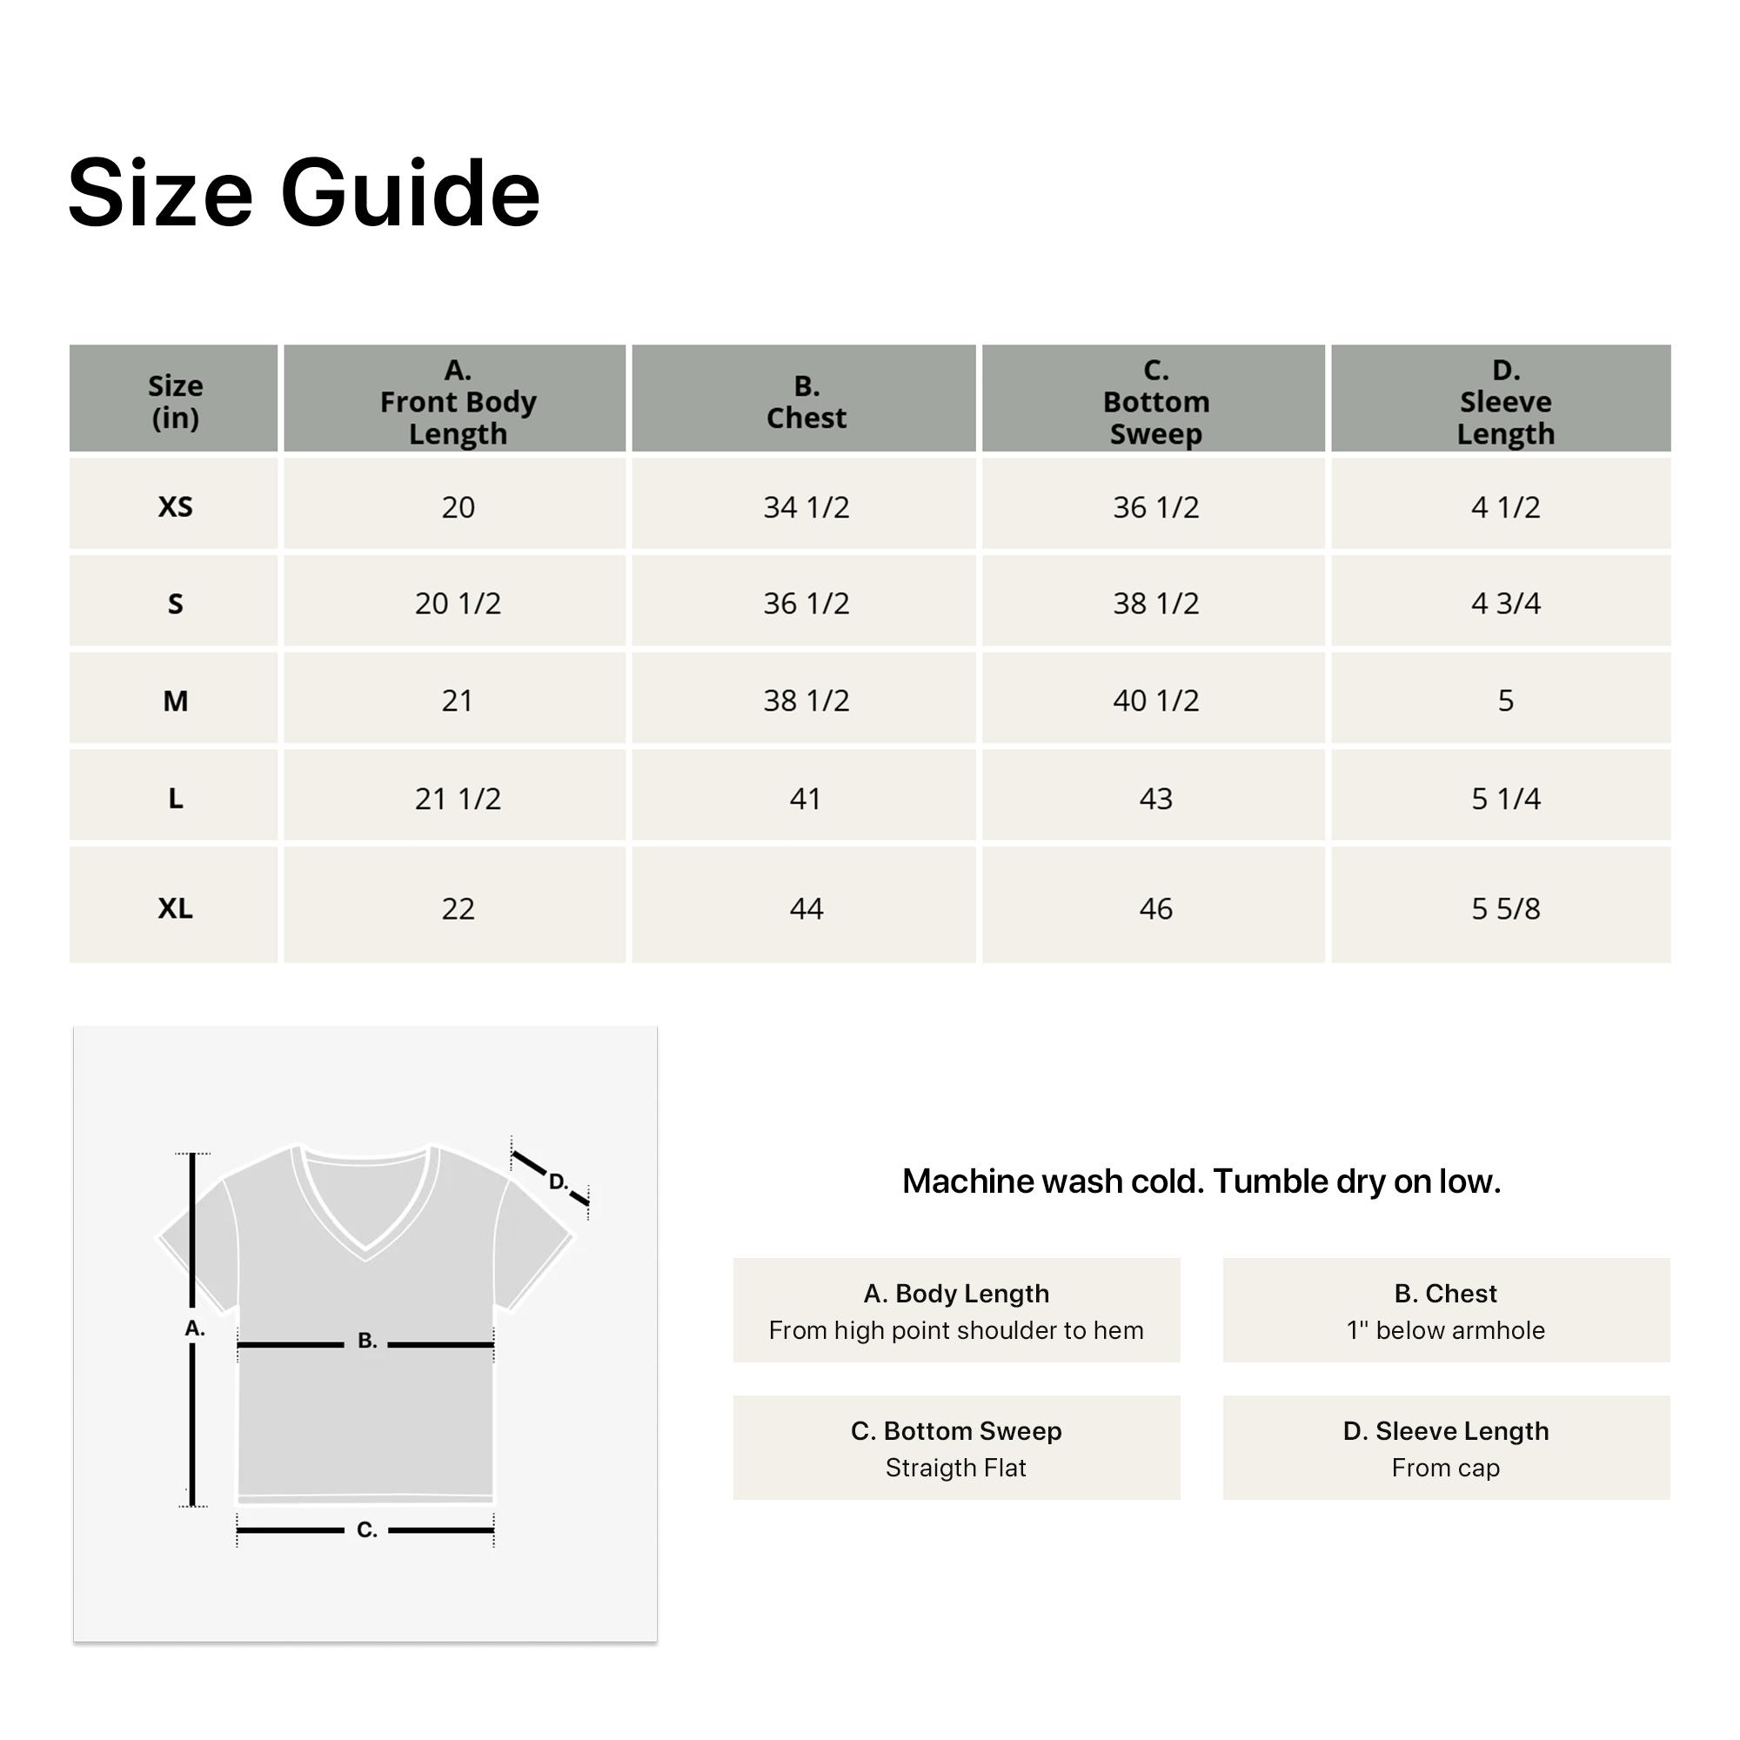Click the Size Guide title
tap(304, 193)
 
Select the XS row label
tap(175, 506)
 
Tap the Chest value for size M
tap(806, 699)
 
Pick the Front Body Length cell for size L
tap(458, 798)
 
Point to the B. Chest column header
tap(806, 401)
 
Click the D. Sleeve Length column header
tap(1505, 401)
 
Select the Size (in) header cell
tap(175, 401)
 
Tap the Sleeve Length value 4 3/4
tap(1505, 603)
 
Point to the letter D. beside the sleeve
tap(559, 1181)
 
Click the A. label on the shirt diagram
tap(195, 1328)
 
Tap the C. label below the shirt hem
tap(366, 1529)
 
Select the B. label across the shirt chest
tap(366, 1340)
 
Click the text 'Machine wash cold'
tap(1052, 1181)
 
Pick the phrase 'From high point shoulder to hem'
tap(955, 1330)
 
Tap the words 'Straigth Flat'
tap(955, 1468)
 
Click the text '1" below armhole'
tap(1444, 1330)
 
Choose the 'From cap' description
tap(1444, 1468)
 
